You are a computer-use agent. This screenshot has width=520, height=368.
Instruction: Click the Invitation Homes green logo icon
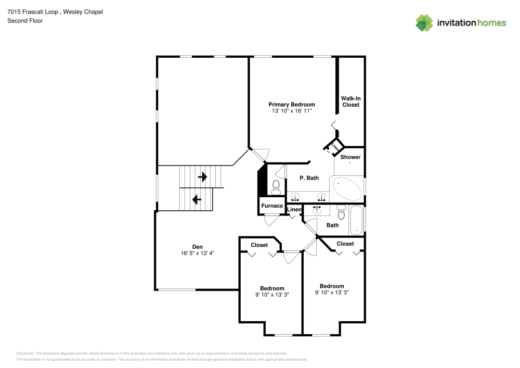click(424, 22)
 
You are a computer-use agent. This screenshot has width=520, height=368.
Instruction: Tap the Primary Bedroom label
click(291, 105)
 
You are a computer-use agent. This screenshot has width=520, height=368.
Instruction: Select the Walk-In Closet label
click(350, 101)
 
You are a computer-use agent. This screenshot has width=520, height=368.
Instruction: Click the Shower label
click(350, 157)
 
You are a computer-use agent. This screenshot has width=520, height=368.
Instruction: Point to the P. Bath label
click(309, 178)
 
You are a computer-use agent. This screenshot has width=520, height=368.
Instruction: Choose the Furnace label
click(272, 206)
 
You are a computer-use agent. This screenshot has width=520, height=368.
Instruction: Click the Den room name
click(197, 247)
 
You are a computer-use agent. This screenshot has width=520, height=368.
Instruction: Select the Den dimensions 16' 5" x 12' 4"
click(197, 253)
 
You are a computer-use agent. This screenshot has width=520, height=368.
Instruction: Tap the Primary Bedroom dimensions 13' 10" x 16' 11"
click(291, 111)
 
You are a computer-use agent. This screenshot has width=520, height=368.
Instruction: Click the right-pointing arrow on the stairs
click(202, 177)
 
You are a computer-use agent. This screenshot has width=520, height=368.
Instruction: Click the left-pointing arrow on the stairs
click(197, 199)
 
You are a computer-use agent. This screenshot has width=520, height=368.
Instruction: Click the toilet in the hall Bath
click(341, 212)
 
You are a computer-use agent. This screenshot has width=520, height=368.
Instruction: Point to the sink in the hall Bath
click(317, 210)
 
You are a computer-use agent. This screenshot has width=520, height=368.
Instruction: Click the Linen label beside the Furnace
click(294, 210)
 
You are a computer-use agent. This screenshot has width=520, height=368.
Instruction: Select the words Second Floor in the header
click(25, 21)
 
